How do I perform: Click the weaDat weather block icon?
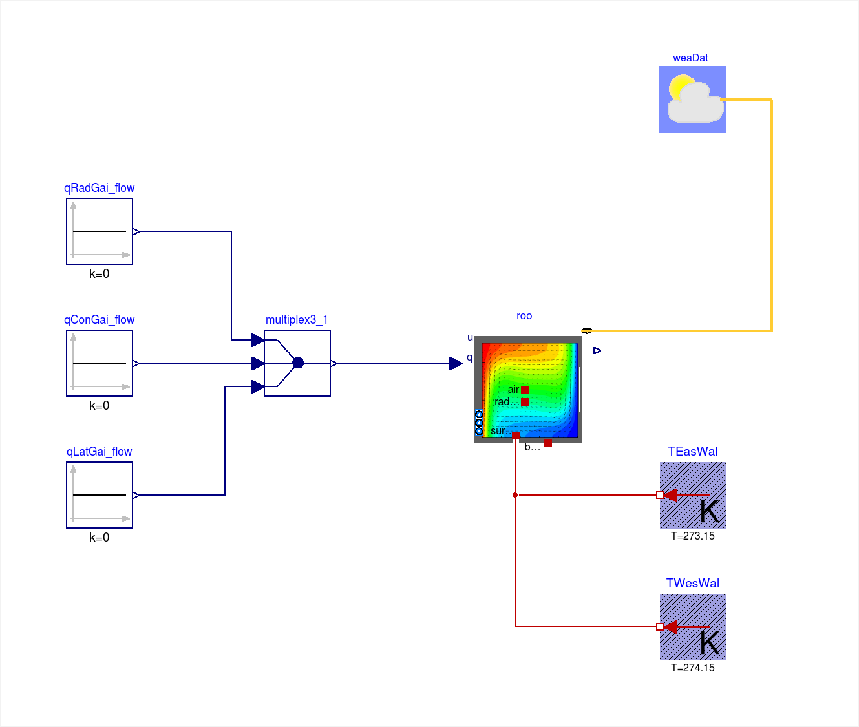(x=692, y=100)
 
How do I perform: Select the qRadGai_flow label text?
(x=99, y=188)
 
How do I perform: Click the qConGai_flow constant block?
(x=100, y=363)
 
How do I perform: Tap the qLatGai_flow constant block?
(x=100, y=495)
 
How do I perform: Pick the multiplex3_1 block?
(x=297, y=363)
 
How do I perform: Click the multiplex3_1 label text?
(x=297, y=320)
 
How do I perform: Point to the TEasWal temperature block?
(x=693, y=495)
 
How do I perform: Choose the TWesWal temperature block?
(x=693, y=627)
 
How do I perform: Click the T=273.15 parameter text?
(x=693, y=536)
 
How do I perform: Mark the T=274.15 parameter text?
(x=693, y=668)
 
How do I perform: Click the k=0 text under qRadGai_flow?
(x=100, y=274)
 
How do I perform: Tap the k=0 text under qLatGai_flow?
(x=100, y=538)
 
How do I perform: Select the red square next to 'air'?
(x=525, y=390)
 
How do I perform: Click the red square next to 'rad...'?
(x=525, y=402)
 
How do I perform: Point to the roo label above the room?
(x=524, y=316)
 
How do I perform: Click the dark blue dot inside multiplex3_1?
(x=298, y=363)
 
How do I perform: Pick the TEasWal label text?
(x=693, y=452)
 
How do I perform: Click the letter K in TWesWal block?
(x=709, y=644)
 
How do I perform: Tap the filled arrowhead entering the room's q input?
(x=456, y=364)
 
